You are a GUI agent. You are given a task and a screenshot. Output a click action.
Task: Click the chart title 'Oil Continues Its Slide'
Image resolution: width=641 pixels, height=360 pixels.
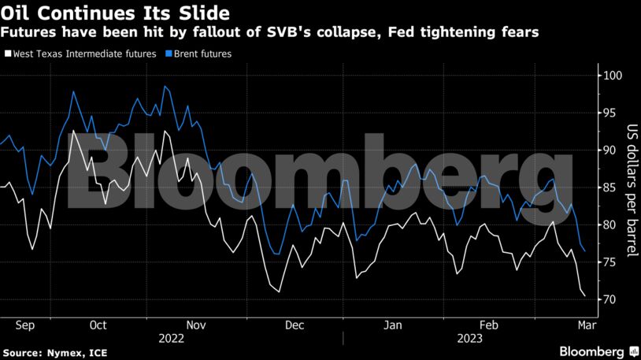(x=117, y=13)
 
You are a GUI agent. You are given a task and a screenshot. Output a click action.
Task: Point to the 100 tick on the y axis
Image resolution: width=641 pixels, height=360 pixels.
(x=610, y=76)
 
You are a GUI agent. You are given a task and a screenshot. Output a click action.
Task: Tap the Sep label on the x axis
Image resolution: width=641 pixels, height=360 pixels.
(x=24, y=325)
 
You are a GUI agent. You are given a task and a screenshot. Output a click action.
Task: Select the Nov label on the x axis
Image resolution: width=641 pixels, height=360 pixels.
(x=195, y=325)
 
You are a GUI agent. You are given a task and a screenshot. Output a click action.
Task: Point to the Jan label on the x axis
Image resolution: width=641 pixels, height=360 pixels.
(x=393, y=325)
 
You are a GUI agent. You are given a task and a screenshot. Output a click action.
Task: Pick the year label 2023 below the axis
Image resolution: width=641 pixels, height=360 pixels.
(x=467, y=338)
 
